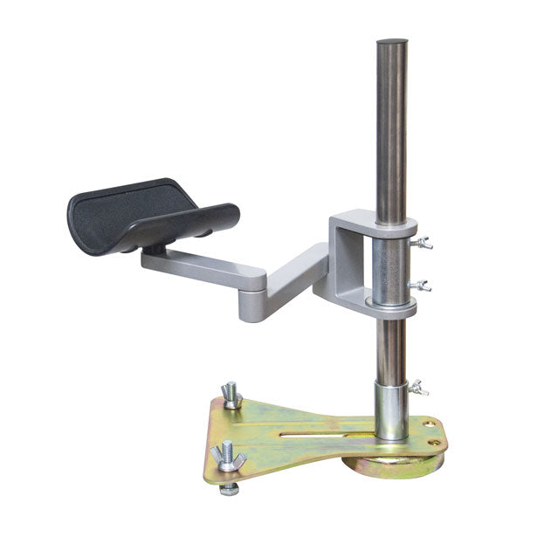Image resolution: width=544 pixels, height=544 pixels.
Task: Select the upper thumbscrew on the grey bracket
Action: pos(424,243)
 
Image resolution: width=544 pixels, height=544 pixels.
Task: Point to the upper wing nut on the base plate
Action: pos(231,395)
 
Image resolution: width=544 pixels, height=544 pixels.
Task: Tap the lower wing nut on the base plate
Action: pos(226,456)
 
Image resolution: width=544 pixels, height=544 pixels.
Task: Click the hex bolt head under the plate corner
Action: pos(229,489)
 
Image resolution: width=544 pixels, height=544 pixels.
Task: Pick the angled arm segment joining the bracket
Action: pos(297,279)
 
